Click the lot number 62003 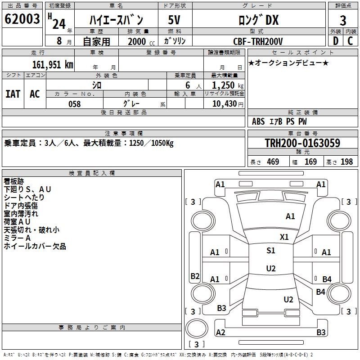pos(22,19)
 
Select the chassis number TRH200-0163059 pos(302,143)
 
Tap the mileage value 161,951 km pos(53,65)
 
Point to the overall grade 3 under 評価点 pos(343,21)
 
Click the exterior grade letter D pos(336,41)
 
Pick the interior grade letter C pos(350,41)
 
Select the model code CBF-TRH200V pos(258,41)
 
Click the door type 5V pos(174,20)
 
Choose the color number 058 pos(75,104)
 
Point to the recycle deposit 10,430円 pos(228,104)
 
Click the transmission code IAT pos(13,94)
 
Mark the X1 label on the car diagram pos(284,237)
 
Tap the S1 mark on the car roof pos(271,251)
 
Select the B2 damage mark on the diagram pos(195,276)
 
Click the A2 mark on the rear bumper pos(220,333)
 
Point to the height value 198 pos(346,162)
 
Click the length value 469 pos(273,162)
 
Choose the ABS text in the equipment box pos(258,121)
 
